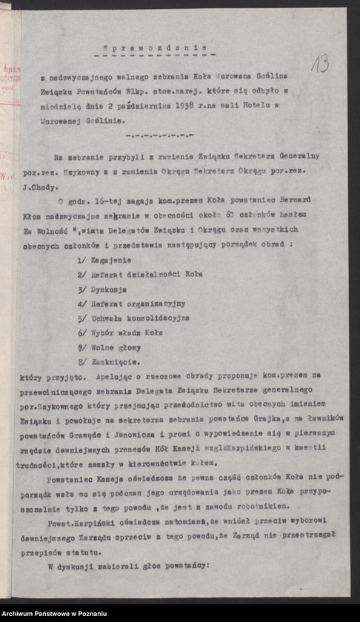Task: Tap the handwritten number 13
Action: [319, 64]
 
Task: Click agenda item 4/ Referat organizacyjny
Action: [131, 304]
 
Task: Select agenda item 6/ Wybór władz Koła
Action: [119, 332]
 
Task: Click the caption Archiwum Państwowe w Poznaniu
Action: [54, 614]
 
